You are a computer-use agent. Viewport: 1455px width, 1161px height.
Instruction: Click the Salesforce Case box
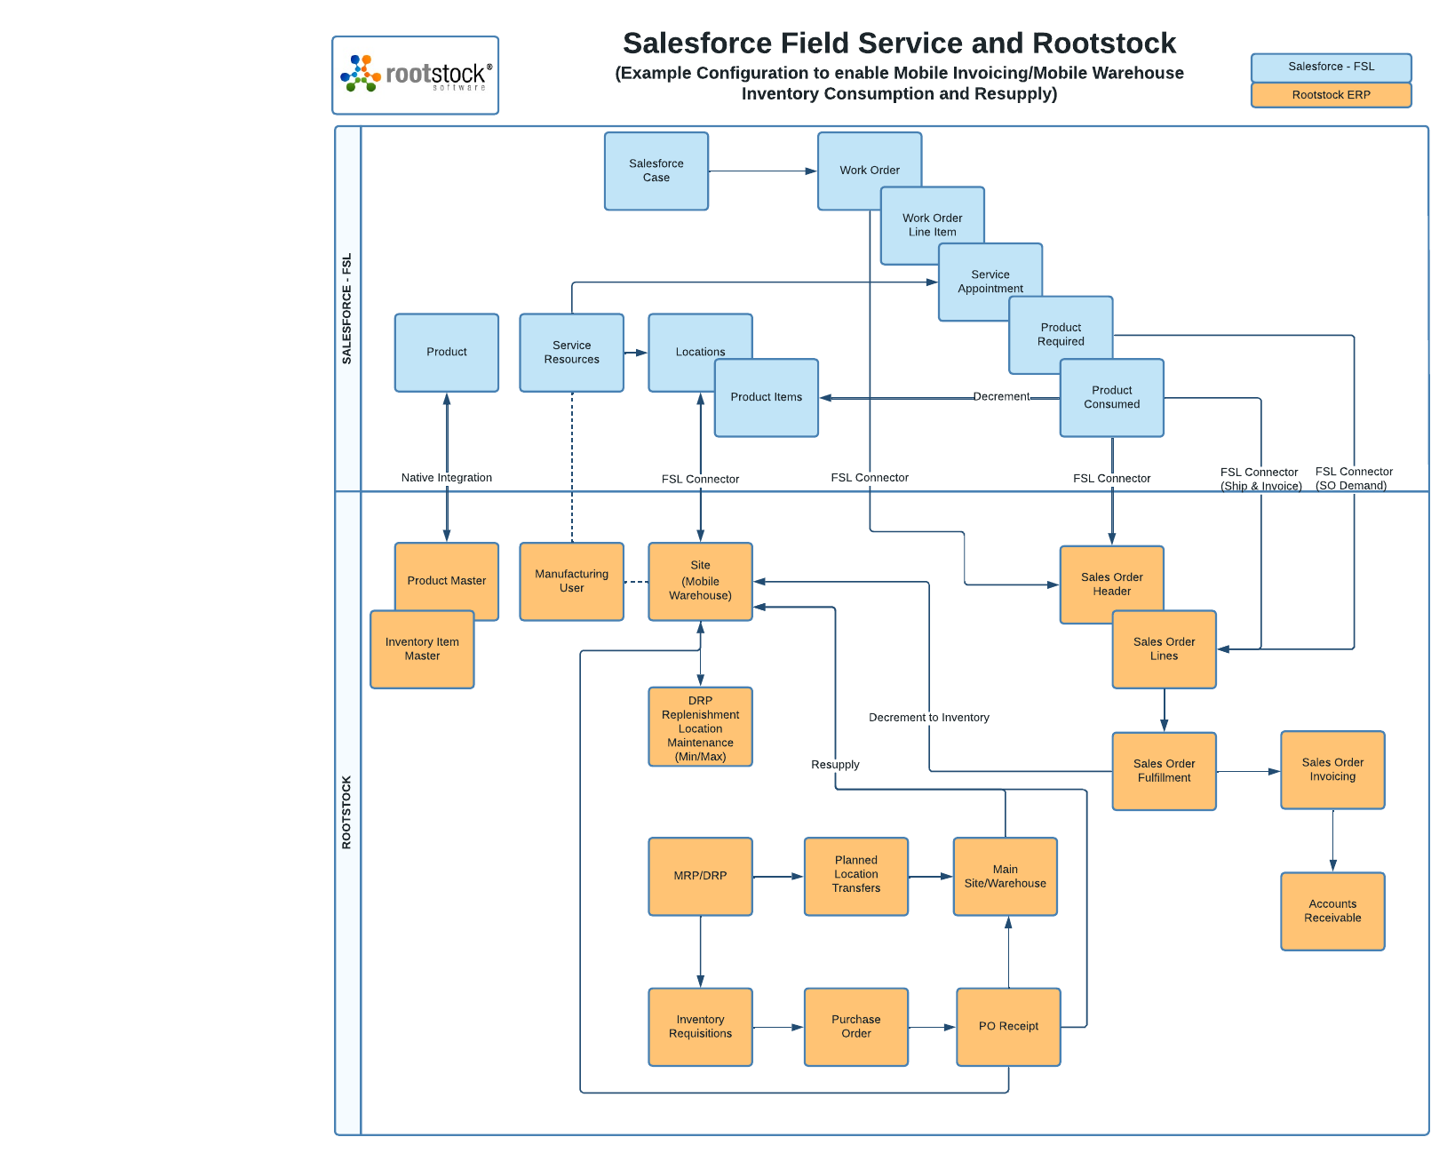point(656,171)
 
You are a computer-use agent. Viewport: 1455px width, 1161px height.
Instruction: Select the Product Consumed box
point(1111,397)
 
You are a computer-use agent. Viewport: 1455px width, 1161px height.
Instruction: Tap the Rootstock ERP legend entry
point(1331,95)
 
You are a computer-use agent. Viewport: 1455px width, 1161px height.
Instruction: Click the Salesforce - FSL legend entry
point(1331,67)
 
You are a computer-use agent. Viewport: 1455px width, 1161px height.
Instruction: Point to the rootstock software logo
point(415,76)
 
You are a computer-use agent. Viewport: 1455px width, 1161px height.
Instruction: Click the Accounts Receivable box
point(1332,911)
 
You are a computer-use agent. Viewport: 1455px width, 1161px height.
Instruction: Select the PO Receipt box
point(1008,1026)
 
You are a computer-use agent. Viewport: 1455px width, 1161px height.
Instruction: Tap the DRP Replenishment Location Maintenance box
point(700,728)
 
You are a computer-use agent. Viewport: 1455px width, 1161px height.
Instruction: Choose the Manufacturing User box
point(571,581)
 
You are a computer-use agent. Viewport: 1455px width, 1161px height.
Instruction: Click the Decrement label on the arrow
point(1001,397)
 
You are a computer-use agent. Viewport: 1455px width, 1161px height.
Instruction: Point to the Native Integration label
point(446,478)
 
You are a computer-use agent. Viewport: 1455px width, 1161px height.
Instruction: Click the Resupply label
point(835,765)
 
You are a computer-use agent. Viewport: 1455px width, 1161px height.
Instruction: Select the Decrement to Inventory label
point(928,718)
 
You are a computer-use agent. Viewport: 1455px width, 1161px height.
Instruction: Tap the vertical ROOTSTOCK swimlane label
point(346,812)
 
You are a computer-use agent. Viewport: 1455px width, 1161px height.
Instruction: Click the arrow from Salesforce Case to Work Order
point(762,171)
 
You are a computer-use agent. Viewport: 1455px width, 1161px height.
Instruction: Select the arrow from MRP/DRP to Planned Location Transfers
point(777,877)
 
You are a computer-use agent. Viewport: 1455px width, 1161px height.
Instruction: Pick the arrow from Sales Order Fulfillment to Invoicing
point(1247,772)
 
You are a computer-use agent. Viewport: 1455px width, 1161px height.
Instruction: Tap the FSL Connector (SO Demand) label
point(1353,479)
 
